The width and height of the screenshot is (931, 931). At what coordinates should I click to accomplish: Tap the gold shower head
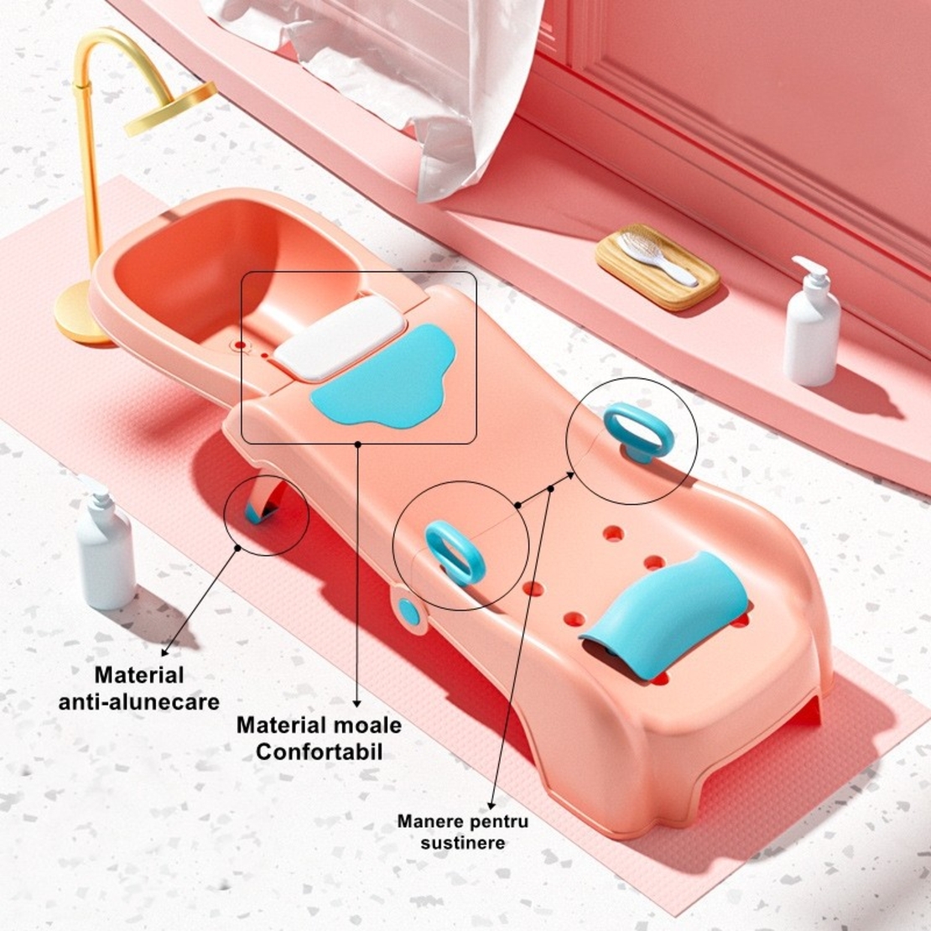(170, 109)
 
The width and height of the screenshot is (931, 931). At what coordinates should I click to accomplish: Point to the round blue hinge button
(408, 613)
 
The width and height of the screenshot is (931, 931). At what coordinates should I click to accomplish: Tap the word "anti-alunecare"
(139, 702)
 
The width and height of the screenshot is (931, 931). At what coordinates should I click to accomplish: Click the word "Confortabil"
(320, 752)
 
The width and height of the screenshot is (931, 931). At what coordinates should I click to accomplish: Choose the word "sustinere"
(463, 843)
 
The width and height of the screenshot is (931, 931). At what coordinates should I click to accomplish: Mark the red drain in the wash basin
(240, 345)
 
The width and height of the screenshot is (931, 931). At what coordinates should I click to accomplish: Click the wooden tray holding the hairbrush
(658, 268)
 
